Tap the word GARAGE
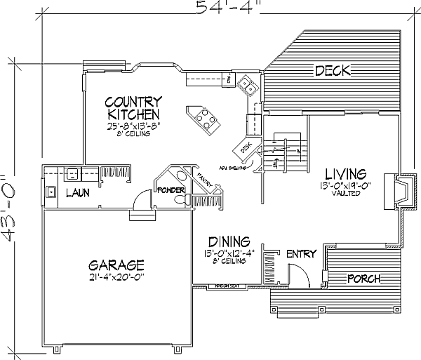[x=116, y=265]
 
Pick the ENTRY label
[x=302, y=253]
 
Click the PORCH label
[x=364, y=279]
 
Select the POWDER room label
[x=171, y=190]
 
